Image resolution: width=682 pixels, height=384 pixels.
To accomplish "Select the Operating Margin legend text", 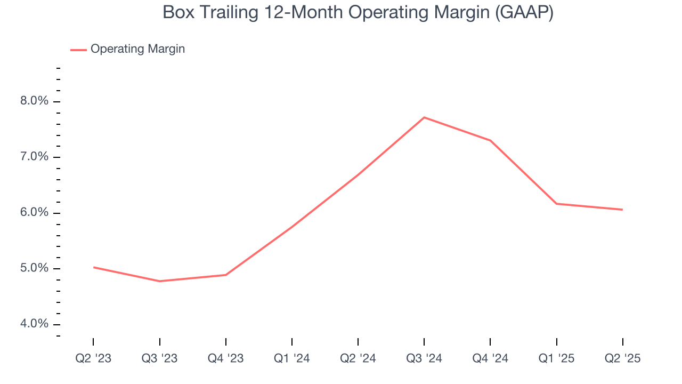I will pos(137,49).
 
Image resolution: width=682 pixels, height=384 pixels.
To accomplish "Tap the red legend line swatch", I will pos(78,50).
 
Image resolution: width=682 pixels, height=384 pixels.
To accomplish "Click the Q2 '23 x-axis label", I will pos(93,358).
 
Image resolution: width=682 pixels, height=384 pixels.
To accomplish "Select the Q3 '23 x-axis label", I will pos(159,358).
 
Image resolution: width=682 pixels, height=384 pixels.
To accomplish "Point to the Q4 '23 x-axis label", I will pos(225,358).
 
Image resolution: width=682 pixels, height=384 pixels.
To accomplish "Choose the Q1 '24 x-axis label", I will pos(292,358).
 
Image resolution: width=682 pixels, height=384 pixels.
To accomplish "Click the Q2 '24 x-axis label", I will pos(358,358).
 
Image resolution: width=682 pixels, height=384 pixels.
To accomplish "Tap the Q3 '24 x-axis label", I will pos(424,358).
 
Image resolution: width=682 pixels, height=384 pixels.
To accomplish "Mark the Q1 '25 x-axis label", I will pos(556,358).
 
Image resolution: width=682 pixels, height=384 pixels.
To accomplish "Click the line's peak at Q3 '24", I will pos(424,117).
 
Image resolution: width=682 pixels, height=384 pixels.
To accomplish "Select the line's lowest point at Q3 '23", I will pos(159,281).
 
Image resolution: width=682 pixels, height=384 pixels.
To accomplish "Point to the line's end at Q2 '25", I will pos(622,210).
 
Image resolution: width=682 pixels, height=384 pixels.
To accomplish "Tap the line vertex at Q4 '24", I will pos(490,140).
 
